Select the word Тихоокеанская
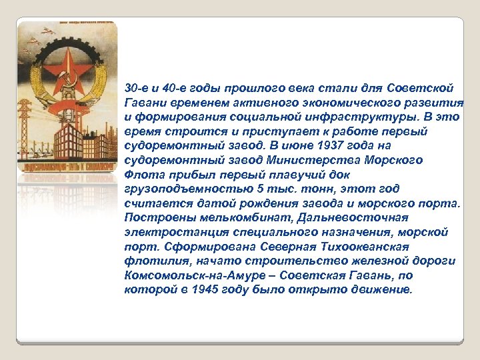(x=399, y=247)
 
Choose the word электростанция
(x=175, y=232)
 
